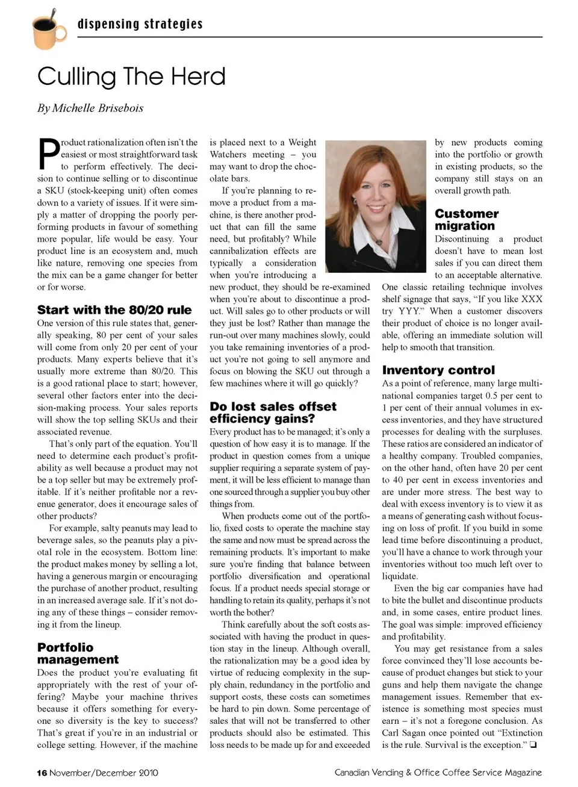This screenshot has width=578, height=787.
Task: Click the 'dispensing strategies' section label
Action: click(140, 24)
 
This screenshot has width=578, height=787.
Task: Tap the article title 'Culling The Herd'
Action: click(131, 76)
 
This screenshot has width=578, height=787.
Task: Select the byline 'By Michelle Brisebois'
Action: click(90, 108)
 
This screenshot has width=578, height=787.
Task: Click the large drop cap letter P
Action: click(48, 154)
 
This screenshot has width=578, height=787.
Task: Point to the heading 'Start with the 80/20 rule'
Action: click(114, 310)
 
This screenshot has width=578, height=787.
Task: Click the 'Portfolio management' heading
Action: click(78, 653)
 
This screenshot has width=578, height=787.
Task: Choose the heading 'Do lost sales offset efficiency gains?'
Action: click(273, 412)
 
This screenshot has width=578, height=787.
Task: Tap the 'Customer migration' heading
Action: click(467, 220)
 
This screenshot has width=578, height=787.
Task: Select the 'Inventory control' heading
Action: click(438, 370)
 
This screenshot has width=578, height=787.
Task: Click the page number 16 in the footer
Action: click(42, 773)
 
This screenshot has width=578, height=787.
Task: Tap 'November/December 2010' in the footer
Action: click(104, 773)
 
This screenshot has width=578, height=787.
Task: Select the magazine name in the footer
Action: click(438, 773)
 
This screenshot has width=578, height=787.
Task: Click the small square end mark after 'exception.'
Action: click(533, 745)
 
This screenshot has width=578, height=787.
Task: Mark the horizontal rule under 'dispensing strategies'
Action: click(309, 37)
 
